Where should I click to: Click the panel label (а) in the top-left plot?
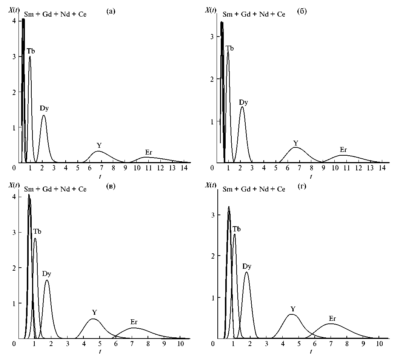point(111,12)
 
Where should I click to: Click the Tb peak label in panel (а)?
point(31,51)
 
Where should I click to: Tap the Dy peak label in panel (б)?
point(243,102)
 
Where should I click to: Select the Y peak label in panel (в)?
point(95,312)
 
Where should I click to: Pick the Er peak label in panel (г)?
point(332,318)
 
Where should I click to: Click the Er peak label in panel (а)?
point(149,152)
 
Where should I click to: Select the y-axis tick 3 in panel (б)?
point(213,37)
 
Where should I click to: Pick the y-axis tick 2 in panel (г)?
point(213,256)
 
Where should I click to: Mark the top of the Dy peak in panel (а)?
point(44,115)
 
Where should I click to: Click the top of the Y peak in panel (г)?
point(292,314)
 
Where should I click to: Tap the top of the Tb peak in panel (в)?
point(35,238)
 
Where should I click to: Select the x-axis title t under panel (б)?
point(311,176)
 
